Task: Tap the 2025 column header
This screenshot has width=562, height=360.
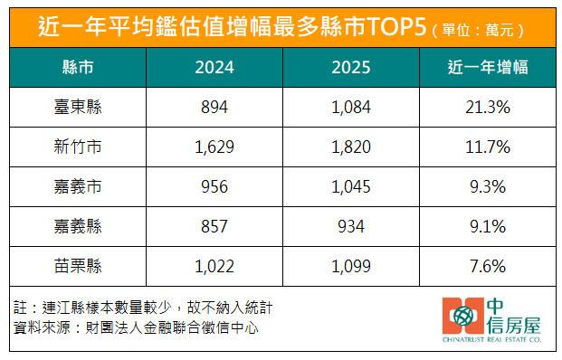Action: pos(352,69)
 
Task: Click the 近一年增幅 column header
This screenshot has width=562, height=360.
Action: pos(489,69)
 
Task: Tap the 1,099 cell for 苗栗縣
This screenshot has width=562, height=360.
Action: pos(352,267)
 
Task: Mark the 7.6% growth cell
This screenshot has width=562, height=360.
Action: pos(489,267)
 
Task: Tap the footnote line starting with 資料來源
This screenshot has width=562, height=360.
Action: pos(136,327)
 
